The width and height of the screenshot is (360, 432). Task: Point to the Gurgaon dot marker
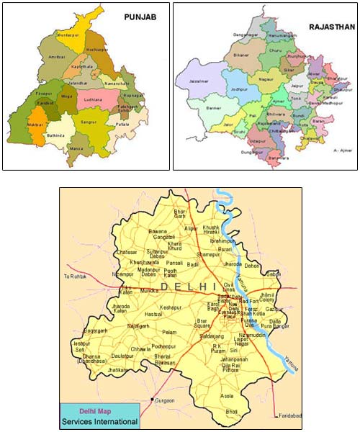[x=152, y=399]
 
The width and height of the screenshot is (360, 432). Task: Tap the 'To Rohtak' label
[x=76, y=276]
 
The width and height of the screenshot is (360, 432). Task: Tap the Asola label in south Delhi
[x=227, y=395]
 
